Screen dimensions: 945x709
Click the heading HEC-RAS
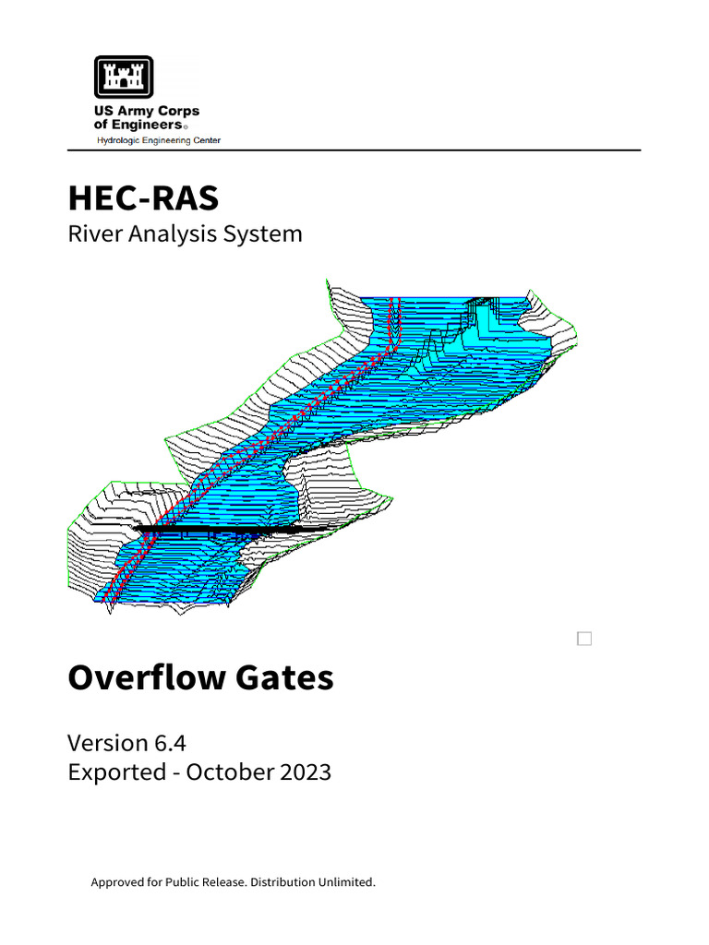point(143,197)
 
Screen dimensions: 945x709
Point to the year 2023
point(302,772)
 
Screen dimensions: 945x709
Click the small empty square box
point(583,639)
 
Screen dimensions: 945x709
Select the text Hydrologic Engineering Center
point(159,140)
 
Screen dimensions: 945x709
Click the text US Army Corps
point(146,112)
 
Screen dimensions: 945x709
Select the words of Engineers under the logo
point(138,124)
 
